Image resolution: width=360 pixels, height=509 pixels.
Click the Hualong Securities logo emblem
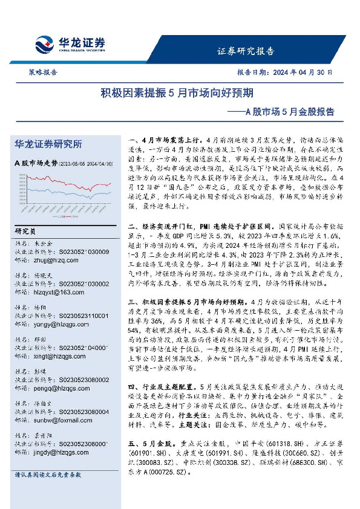(45, 44)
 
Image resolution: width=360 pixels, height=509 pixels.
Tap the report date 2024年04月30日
(302, 71)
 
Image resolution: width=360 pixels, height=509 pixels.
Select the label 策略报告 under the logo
(43, 71)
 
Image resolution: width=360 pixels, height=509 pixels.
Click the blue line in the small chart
(91, 195)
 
